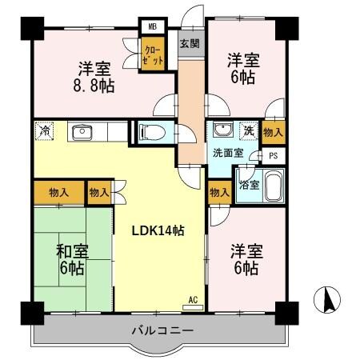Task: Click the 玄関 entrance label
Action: click(190, 43)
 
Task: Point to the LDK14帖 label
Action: click(158, 230)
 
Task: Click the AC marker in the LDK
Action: click(192, 300)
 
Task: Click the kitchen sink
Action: click(81, 132)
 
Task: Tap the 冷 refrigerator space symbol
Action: click(45, 130)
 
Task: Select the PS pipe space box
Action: click(273, 156)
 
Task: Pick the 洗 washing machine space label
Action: click(249, 130)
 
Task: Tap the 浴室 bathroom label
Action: click(248, 185)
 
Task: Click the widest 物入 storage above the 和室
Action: click(58, 192)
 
